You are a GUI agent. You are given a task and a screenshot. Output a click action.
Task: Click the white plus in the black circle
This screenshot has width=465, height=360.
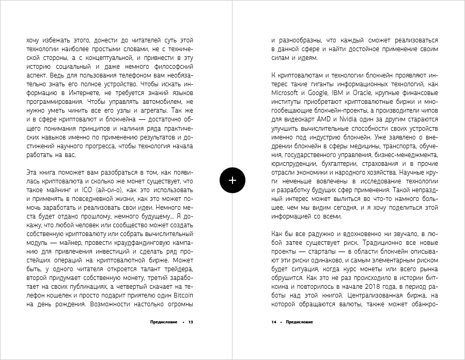[x=233, y=180]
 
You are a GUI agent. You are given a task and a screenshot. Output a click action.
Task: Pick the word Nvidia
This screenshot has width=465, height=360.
[x=361, y=119]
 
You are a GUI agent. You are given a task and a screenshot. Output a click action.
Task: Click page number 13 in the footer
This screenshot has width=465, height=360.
[x=191, y=322]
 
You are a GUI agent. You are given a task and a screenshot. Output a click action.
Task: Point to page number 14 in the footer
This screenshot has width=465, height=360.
[x=274, y=322]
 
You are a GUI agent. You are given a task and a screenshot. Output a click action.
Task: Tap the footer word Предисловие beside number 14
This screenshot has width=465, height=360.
[x=299, y=322]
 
